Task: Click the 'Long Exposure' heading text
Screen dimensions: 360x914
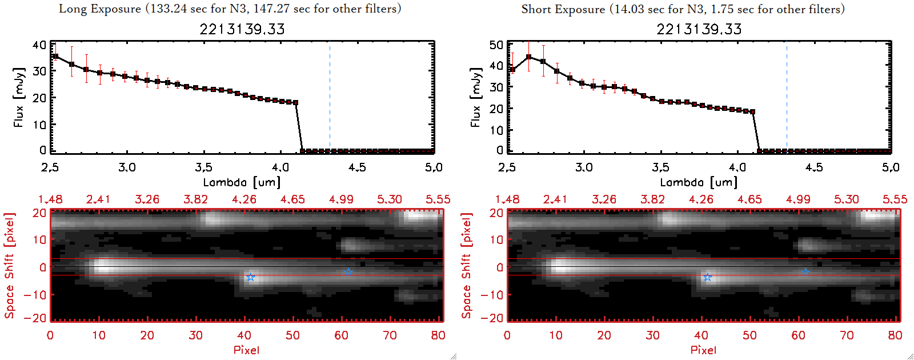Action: coord(100,9)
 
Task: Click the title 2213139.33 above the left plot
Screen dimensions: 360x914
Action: coord(242,29)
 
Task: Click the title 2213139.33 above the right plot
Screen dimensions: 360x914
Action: coord(699,29)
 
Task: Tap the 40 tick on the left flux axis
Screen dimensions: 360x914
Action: coord(39,45)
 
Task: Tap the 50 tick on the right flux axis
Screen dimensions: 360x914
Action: coord(496,45)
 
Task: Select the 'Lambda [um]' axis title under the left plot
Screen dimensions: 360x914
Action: coord(242,182)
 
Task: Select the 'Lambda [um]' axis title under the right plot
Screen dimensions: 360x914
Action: coord(699,182)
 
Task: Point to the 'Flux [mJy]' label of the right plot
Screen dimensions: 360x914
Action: coord(475,97)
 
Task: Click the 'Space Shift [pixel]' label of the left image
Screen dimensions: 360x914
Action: coord(9,266)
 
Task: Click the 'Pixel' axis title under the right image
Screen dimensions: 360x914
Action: coord(703,350)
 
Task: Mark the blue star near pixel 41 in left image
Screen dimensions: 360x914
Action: coord(250,277)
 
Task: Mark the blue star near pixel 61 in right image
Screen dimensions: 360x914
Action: coord(805,272)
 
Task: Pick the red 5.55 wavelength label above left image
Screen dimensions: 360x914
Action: coord(438,199)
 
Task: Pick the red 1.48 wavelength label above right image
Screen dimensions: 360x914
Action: coord(507,199)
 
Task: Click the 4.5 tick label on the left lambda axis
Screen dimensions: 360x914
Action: coord(357,167)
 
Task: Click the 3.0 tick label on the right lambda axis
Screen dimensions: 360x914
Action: coord(584,167)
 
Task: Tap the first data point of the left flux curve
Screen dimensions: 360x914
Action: coord(55,56)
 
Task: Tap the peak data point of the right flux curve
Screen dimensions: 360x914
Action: coord(529,57)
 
